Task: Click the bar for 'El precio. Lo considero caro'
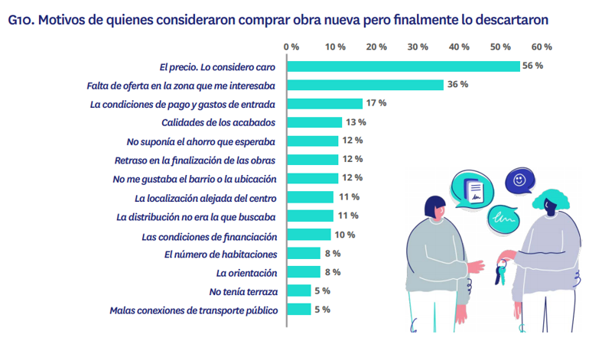(x=403, y=66)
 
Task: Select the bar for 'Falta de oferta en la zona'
(x=365, y=85)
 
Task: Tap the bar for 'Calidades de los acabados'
(x=314, y=122)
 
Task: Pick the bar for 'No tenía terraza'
(x=299, y=290)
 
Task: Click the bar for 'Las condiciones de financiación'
(x=309, y=235)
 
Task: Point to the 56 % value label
(x=532, y=66)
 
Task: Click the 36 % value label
(x=457, y=85)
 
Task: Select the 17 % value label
(x=376, y=103)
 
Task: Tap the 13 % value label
(x=356, y=122)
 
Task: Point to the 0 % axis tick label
(x=291, y=47)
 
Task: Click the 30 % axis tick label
(x=418, y=47)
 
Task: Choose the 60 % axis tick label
(x=542, y=47)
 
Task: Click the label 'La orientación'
(x=246, y=272)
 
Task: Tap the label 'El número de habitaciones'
(x=220, y=254)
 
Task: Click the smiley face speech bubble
(x=520, y=181)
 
